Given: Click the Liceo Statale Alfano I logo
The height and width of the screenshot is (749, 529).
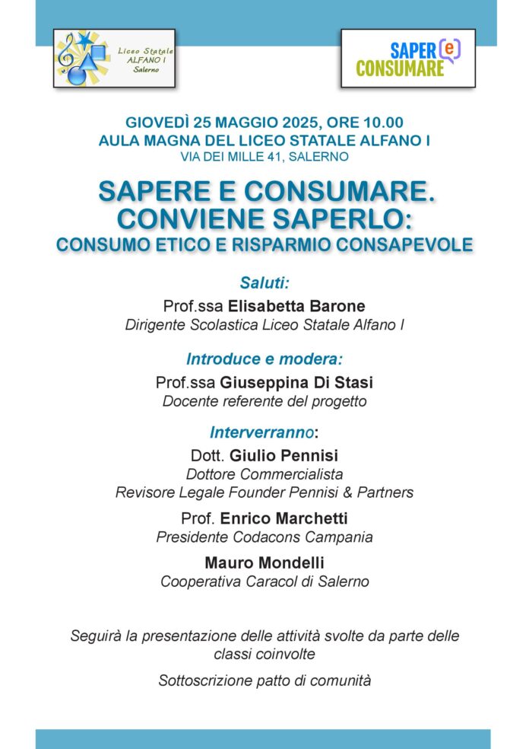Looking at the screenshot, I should (114, 58).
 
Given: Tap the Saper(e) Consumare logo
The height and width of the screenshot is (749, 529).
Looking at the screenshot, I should (407, 59).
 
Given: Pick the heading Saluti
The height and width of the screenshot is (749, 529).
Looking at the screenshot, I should (264, 282).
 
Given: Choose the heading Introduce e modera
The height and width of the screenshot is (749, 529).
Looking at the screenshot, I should (264, 358).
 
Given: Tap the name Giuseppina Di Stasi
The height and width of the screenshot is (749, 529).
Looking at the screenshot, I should (296, 381).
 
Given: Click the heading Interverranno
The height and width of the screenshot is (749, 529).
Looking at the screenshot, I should (262, 432).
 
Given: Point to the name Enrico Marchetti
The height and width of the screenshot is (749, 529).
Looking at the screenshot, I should (284, 518).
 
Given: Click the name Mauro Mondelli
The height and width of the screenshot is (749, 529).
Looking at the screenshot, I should (264, 563).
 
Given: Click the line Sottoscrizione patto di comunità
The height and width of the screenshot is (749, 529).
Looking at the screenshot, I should (264, 680).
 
